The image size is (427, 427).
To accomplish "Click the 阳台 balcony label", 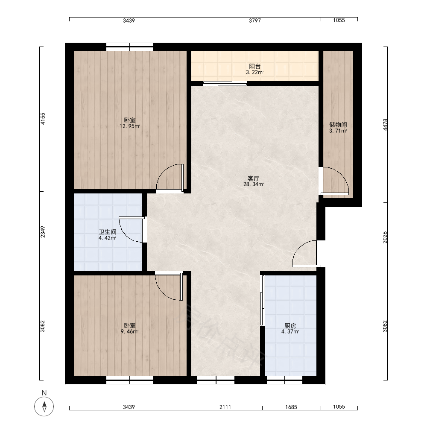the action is [x=255, y=66].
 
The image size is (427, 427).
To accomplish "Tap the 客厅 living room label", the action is [x=253, y=178].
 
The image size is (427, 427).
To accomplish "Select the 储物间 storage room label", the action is [x=338, y=125].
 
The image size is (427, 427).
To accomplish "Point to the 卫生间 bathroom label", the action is [x=107, y=232].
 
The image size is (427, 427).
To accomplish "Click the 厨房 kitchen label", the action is [x=290, y=326].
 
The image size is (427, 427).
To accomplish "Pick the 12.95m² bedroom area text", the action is [x=130, y=126].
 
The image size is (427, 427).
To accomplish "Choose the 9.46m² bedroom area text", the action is [x=130, y=332].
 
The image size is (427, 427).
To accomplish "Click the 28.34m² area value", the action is [x=254, y=184].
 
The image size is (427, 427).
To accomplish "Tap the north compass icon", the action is [x=44, y=407].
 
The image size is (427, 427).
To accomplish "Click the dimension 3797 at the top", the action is [x=255, y=20].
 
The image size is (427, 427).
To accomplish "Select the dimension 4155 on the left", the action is [x=43, y=119].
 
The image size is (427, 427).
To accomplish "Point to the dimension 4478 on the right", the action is [x=385, y=125].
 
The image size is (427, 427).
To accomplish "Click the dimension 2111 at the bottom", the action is [x=225, y=407].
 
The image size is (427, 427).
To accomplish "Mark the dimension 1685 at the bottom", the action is [x=291, y=407].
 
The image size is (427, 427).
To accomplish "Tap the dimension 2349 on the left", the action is [x=43, y=232].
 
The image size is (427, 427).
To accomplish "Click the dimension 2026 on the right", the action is [x=385, y=237].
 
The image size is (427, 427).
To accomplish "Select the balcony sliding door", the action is [x=225, y=83].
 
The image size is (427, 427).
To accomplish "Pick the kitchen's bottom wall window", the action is [x=284, y=380].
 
